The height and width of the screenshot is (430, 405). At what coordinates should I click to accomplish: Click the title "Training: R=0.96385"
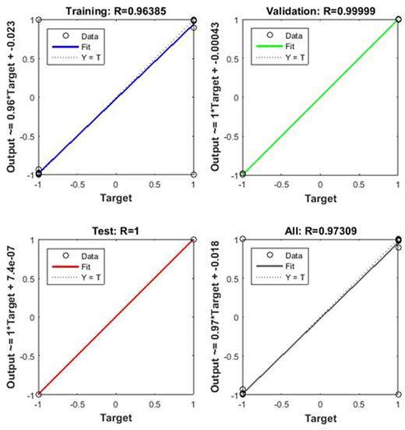115,9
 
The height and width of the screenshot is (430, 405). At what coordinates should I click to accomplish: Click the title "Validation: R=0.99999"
320,9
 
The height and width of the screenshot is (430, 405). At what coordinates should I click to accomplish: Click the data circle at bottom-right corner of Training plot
193,174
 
